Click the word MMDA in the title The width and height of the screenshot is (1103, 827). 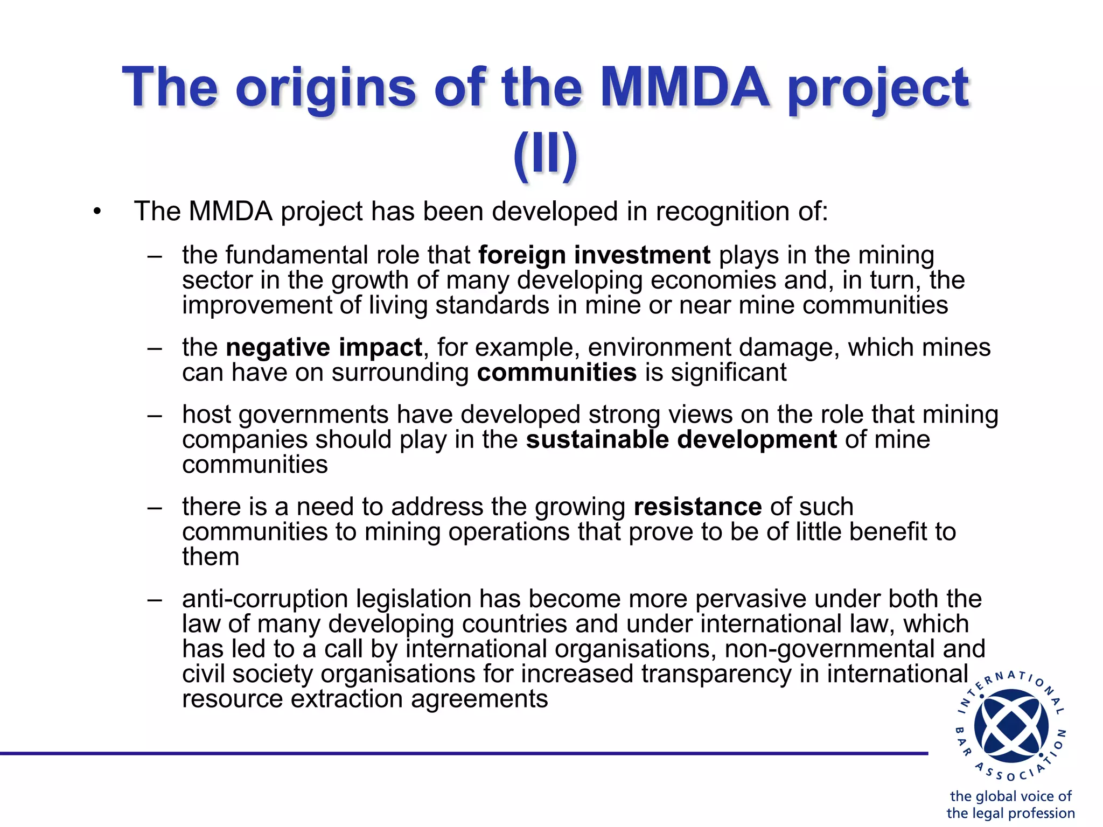pyautogui.click(x=685, y=87)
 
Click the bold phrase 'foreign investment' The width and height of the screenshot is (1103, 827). pyautogui.click(x=594, y=255)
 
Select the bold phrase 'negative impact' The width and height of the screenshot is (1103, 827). pyautogui.click(x=324, y=348)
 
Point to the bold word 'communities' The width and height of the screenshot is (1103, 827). pyautogui.click(x=556, y=373)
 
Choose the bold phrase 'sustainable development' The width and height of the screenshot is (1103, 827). pyautogui.click(x=681, y=440)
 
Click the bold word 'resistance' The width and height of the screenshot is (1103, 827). pyautogui.click(x=697, y=507)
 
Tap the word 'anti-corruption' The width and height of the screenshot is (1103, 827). pyautogui.click(x=266, y=599)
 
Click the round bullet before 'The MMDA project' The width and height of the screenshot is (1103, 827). pyautogui.click(x=97, y=212)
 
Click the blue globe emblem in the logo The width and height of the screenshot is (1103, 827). pyautogui.click(x=1011, y=726)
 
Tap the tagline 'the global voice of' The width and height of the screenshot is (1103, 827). pyautogui.click(x=1010, y=796)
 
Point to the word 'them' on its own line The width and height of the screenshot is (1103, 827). pyautogui.click(x=211, y=557)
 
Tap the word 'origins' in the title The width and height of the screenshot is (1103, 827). pyautogui.click(x=325, y=87)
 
